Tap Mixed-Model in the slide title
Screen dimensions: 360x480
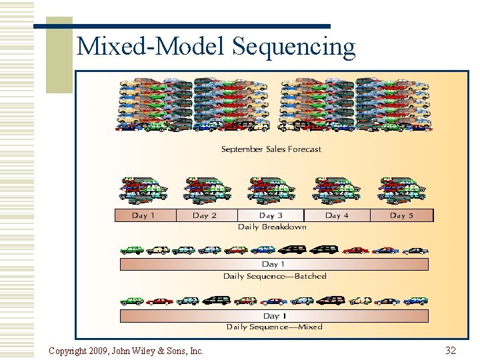[152, 47]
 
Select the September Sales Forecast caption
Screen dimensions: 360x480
[271, 149]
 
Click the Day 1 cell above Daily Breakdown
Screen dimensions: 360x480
[144, 215]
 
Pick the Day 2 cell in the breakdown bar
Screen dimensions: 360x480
[205, 215]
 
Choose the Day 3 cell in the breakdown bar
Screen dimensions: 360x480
[271, 215]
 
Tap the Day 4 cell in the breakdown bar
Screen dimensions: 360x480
[337, 215]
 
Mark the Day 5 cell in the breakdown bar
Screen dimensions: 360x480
[401, 215]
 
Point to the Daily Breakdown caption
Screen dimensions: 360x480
[272, 227]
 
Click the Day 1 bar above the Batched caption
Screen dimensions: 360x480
[273, 265]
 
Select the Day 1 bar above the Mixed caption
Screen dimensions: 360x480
[273, 316]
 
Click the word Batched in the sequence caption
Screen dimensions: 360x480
[309, 276]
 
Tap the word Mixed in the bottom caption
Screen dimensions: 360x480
[310, 327]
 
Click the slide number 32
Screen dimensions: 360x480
[451, 350]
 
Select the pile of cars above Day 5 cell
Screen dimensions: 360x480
[402, 190]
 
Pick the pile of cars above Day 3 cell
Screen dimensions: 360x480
[271, 190]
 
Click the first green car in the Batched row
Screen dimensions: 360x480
[131, 250]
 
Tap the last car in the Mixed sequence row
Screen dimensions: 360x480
[416, 301]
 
